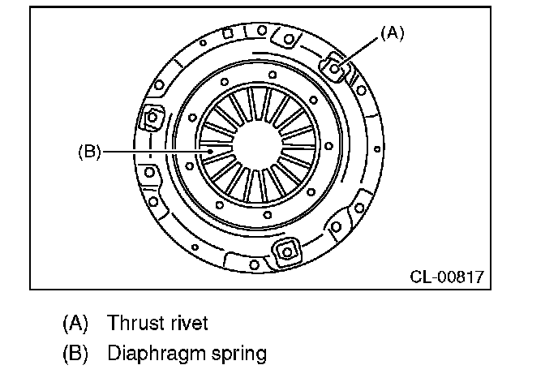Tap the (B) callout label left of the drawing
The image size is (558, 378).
[89, 152]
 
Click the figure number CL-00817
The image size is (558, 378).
[446, 277]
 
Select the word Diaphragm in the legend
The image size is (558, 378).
[152, 354]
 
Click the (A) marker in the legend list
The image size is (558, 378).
[75, 323]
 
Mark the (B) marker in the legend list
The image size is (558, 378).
[75, 354]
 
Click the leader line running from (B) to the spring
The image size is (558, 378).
[154, 152]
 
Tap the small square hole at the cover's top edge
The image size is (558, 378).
[228, 33]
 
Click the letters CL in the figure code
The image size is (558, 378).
[419, 277]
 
